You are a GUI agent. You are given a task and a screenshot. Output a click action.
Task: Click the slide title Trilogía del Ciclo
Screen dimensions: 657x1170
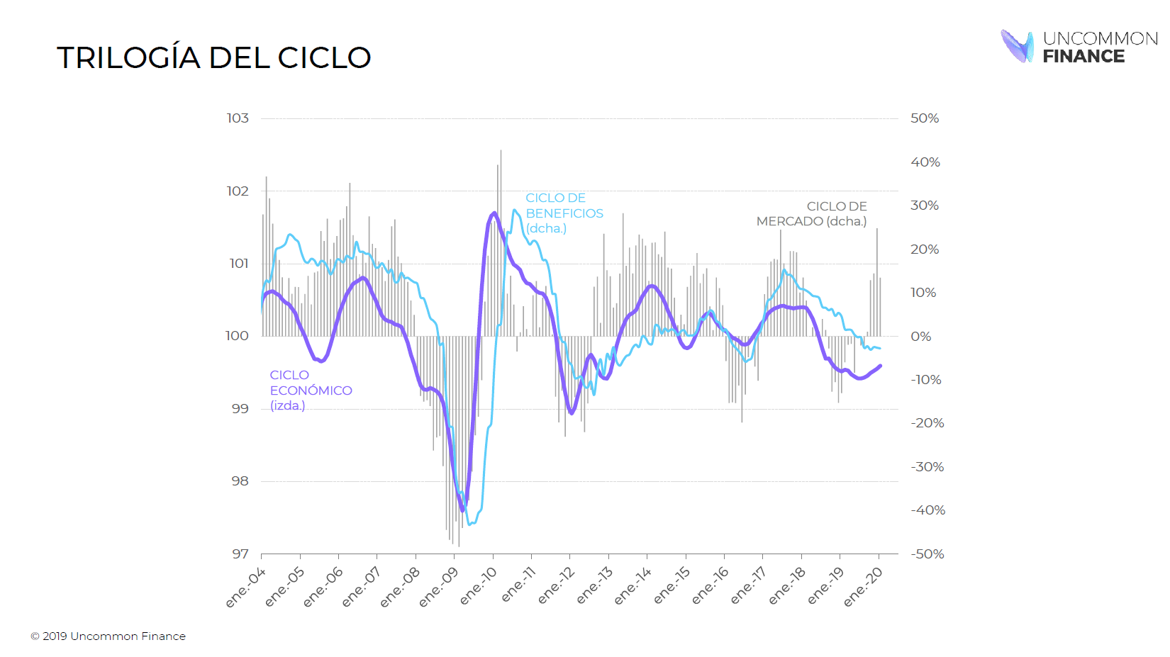point(213,57)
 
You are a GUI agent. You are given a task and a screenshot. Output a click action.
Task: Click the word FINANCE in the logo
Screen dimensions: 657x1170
point(1083,57)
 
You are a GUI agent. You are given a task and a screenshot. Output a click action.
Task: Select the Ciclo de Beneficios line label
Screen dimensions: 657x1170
point(564,213)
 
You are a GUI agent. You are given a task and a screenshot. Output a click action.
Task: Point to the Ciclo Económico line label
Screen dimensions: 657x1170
point(310,390)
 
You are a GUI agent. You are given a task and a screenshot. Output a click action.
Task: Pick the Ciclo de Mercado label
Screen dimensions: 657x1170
point(812,213)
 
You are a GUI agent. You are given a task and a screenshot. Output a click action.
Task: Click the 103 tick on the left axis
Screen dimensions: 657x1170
point(238,118)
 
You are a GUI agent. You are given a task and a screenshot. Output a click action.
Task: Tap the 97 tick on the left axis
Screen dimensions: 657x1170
point(240,554)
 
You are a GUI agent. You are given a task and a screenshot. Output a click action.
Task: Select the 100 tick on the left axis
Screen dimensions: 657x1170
point(237,336)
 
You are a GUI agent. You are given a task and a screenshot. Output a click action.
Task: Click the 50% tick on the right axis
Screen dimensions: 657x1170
point(925,118)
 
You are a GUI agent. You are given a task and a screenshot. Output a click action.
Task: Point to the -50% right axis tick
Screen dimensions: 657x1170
point(927,554)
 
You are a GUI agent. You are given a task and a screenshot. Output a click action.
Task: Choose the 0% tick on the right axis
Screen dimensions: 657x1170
point(921,336)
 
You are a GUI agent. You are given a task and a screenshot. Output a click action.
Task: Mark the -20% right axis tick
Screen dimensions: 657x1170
point(927,423)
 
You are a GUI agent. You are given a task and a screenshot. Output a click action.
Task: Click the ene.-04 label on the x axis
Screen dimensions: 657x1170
point(246,587)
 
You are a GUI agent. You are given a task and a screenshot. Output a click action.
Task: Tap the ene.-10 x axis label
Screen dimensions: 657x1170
point(479,587)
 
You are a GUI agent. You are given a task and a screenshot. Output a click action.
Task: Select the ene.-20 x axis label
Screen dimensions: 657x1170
point(863,587)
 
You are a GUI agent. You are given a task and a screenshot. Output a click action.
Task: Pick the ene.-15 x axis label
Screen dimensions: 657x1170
point(671,587)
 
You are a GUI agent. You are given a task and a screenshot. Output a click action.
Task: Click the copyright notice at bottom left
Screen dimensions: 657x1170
point(108,636)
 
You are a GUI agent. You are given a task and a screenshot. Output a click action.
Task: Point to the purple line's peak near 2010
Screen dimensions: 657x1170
point(494,213)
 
